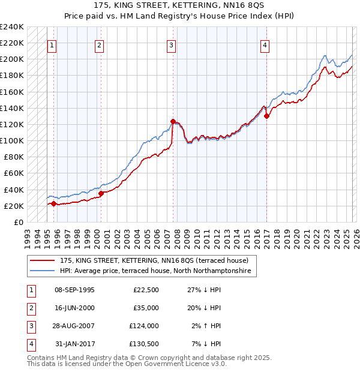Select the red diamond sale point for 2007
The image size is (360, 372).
(173, 121)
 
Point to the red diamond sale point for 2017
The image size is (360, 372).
(266, 116)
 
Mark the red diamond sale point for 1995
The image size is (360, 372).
(53, 203)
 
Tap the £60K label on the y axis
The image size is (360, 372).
(14, 173)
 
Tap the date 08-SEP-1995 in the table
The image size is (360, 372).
(74, 290)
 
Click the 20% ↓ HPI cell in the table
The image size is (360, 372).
(203, 308)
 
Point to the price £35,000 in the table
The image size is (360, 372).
(145, 308)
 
